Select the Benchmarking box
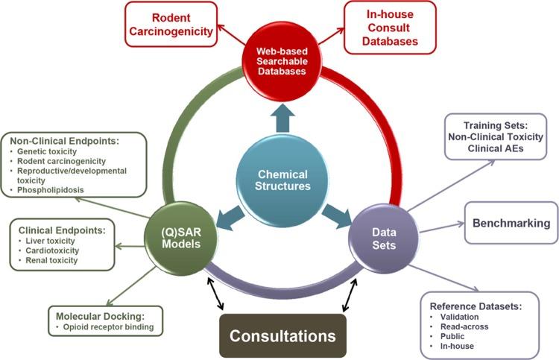[511, 223]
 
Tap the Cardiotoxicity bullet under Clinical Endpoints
[47, 250]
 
